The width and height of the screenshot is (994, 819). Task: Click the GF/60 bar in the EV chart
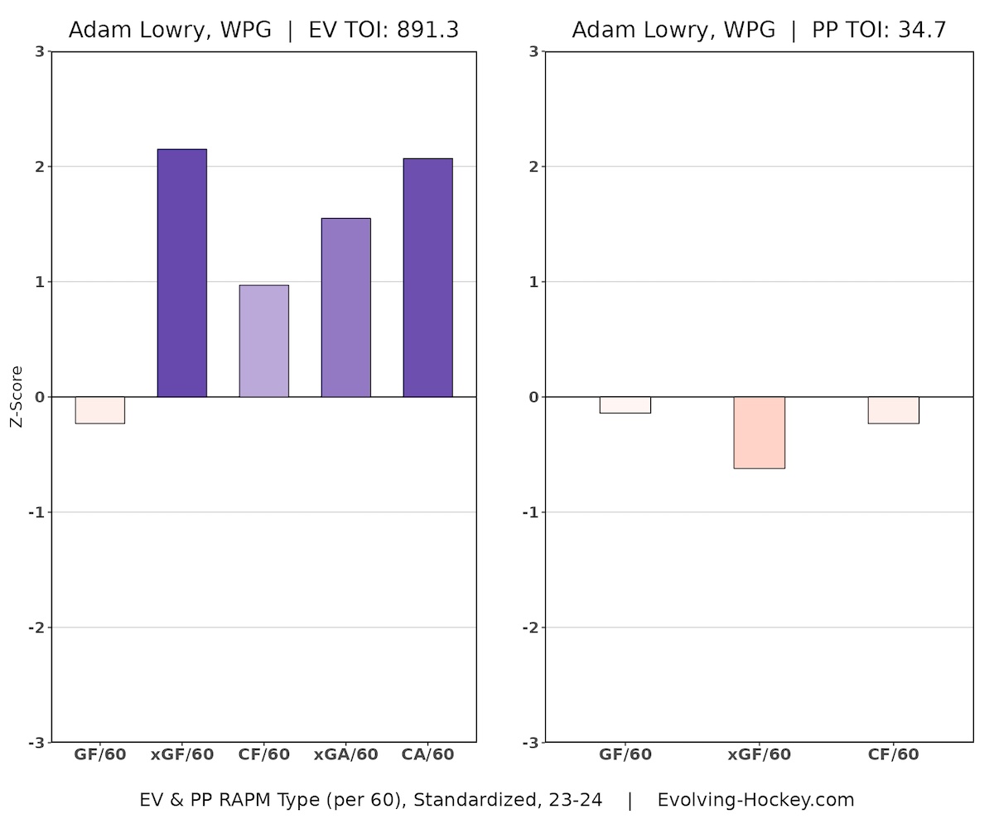(99, 410)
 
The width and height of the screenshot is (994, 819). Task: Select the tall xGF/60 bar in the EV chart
(181, 274)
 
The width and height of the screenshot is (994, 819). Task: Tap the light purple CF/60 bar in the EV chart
(263, 342)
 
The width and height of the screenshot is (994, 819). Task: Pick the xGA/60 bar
(345, 308)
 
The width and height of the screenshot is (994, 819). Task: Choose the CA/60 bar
(427, 278)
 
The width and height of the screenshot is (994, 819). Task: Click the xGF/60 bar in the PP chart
(759, 433)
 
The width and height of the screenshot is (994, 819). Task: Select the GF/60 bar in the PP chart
(625, 405)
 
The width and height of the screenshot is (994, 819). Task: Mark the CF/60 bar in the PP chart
(893, 410)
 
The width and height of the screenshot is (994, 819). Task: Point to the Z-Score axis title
(17, 397)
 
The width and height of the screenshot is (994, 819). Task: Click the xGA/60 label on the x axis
(345, 754)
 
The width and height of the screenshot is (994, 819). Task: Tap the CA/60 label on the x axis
(427, 754)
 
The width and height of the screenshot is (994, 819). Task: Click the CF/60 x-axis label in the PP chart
(893, 754)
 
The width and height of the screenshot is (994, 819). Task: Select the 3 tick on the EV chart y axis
(40, 51)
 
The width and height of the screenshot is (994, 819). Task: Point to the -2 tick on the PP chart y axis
(533, 628)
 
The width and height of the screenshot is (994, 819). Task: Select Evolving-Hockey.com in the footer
(755, 800)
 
